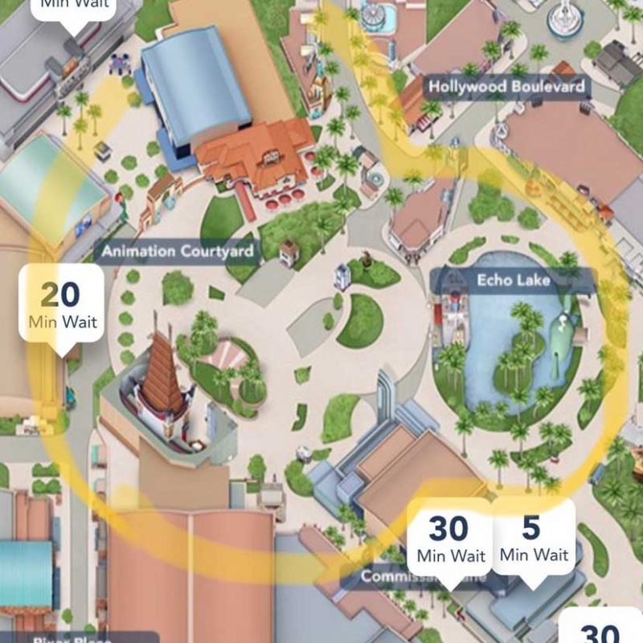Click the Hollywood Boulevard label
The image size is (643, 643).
tap(506, 86)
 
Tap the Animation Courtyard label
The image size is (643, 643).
tap(178, 252)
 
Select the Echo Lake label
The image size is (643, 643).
tap(512, 281)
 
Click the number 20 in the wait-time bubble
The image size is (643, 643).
tap(60, 294)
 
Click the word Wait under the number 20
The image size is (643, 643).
tap(80, 322)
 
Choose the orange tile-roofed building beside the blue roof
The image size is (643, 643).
tap(257, 153)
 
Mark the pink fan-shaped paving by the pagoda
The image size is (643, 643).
tap(229, 354)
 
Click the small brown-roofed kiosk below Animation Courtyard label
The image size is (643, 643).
tap(288, 252)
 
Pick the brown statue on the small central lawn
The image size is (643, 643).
tap(367, 262)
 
